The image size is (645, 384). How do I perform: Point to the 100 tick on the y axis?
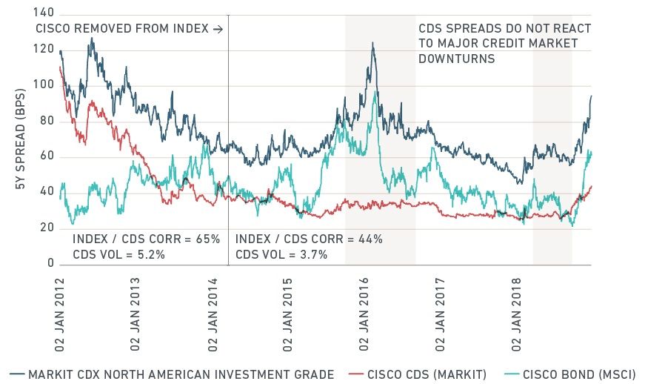click(44, 85)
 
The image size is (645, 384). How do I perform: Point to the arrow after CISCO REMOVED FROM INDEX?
click(217, 29)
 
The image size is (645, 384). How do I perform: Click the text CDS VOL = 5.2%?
click(118, 254)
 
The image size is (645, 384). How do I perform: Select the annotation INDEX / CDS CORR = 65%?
click(146, 239)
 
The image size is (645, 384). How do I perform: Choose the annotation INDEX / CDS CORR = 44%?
click(309, 239)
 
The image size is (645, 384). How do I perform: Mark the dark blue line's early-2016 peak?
click(372, 43)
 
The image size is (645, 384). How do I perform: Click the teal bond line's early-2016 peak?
click(375, 92)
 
